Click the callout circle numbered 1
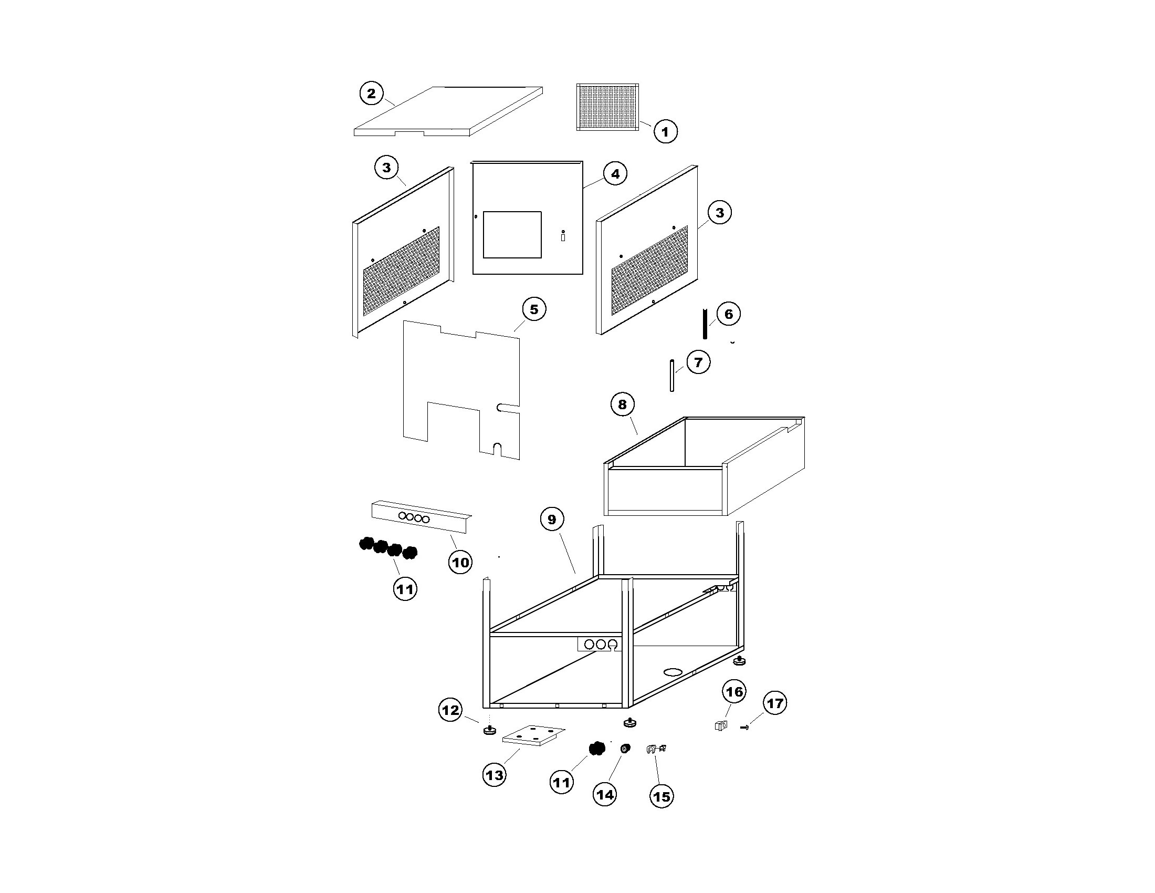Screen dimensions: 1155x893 click(x=665, y=131)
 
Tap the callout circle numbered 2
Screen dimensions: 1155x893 click(x=371, y=94)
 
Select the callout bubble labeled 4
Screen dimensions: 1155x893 click(x=615, y=173)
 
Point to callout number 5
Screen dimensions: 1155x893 click(x=533, y=309)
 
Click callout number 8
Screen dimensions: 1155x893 click(x=623, y=404)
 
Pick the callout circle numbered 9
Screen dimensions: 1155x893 click(x=552, y=520)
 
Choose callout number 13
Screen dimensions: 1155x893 click(x=495, y=775)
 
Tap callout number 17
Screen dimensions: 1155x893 click(x=775, y=703)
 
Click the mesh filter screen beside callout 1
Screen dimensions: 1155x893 click(x=607, y=107)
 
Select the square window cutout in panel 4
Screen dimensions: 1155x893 click(x=512, y=235)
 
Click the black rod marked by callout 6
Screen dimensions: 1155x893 click(x=705, y=324)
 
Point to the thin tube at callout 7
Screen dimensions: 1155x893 click(x=672, y=375)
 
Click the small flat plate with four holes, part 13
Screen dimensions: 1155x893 click(x=533, y=735)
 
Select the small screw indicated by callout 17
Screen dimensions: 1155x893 click(x=745, y=729)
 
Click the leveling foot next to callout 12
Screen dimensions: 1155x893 click(x=488, y=731)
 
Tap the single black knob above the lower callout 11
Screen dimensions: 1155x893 click(x=596, y=749)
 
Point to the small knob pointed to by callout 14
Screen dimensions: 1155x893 click(x=626, y=748)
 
